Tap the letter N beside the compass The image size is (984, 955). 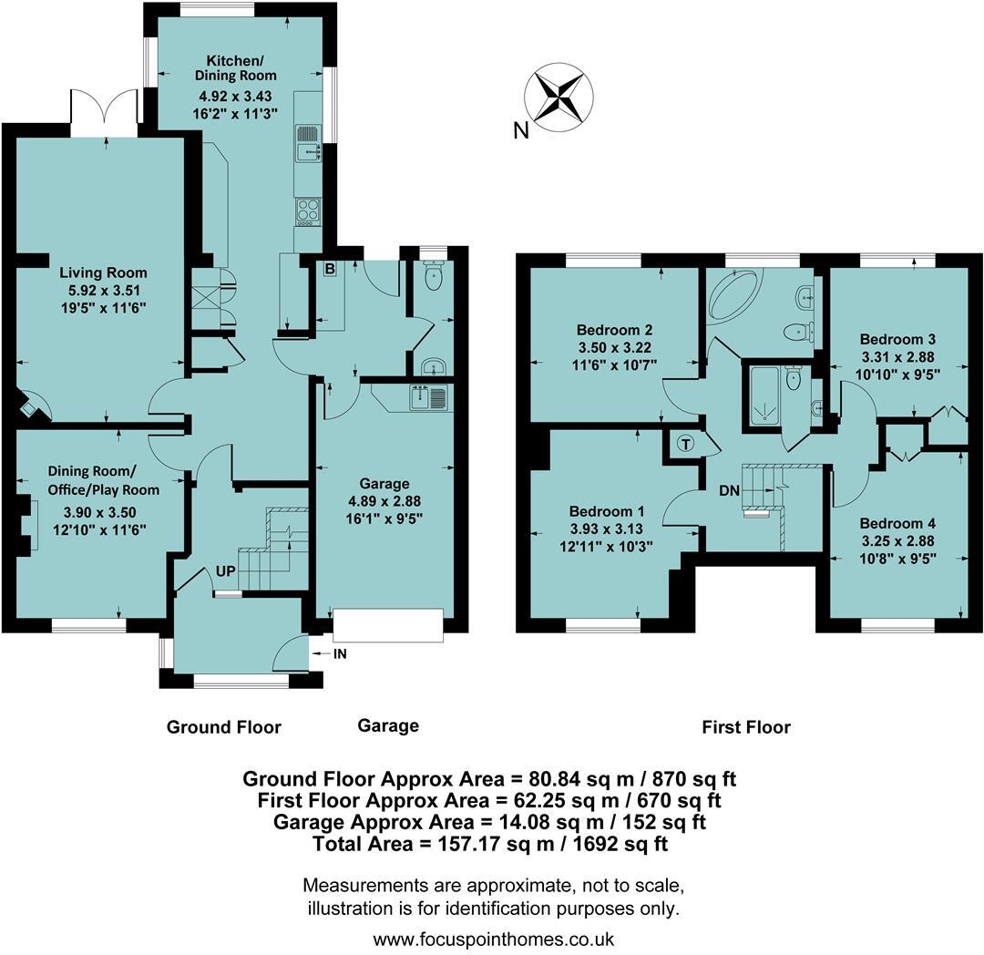521,131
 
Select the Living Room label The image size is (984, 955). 103,272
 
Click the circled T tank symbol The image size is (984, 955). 685,444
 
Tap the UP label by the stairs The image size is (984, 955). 227,571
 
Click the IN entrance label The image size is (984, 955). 338,653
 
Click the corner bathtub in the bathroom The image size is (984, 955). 739,294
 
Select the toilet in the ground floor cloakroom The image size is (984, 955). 433,276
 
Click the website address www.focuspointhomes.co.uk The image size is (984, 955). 494,938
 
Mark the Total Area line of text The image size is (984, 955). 490,845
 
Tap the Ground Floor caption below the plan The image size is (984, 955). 224,726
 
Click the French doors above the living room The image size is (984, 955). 105,114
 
